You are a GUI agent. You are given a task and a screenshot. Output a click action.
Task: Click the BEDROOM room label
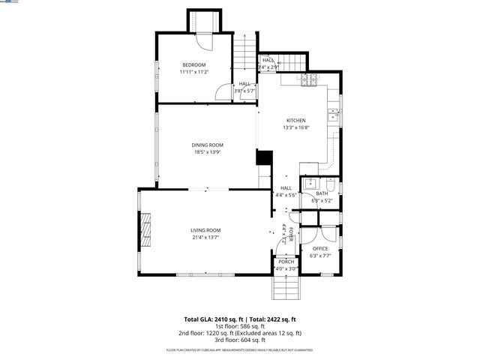click(x=194, y=64)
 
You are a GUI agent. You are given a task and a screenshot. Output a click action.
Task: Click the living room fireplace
click(x=147, y=229)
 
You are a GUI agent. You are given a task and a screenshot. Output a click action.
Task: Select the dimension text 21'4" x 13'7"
click(x=205, y=237)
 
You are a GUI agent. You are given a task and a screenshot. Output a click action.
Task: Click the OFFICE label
click(x=320, y=248)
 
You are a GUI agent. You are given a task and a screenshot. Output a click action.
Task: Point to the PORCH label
click(x=286, y=261)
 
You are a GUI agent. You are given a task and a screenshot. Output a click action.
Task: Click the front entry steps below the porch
click(x=286, y=287)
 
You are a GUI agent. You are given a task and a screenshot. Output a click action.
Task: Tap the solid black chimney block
click(x=264, y=157)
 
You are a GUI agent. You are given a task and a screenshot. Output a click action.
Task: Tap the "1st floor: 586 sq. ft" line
click(x=240, y=326)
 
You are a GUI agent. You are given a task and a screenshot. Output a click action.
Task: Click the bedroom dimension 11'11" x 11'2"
click(x=194, y=72)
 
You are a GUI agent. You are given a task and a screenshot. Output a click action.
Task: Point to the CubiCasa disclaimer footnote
click(x=240, y=350)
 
